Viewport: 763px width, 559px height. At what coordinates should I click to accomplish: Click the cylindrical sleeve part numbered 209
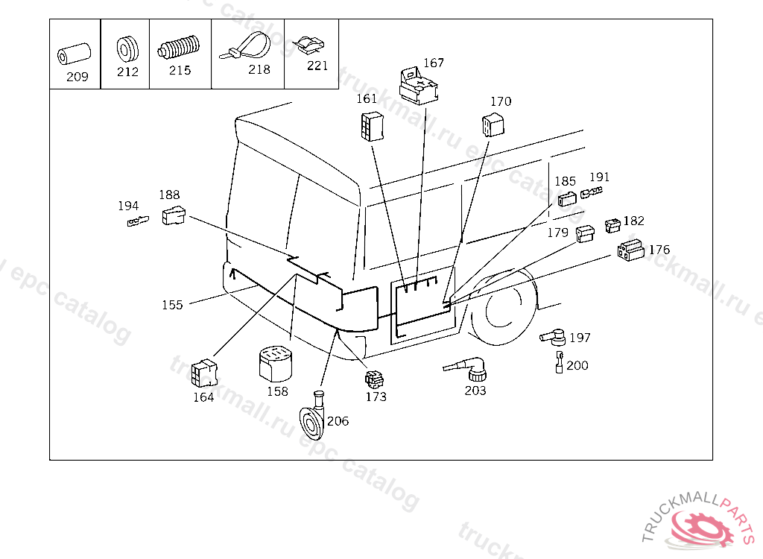click(74, 54)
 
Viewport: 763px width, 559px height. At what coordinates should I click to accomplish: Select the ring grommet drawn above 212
click(127, 49)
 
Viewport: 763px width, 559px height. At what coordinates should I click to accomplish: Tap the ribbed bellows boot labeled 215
click(179, 48)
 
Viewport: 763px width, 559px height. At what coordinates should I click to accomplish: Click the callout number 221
click(317, 66)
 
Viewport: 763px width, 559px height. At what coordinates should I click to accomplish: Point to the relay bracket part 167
click(418, 86)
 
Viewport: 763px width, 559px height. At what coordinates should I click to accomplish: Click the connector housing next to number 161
click(373, 127)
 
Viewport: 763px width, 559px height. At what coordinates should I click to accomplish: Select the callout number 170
click(501, 101)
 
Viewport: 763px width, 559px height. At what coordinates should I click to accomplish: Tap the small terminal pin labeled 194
click(138, 221)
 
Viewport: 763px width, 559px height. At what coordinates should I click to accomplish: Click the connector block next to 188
click(174, 215)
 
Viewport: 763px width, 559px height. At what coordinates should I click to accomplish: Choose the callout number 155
click(172, 305)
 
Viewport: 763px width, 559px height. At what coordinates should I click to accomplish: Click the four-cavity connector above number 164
click(204, 373)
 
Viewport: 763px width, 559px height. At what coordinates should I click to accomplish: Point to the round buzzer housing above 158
click(276, 363)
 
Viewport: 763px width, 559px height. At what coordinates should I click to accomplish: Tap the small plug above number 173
click(374, 380)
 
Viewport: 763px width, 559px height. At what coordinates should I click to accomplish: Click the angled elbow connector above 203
click(467, 369)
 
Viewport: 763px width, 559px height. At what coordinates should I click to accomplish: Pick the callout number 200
click(577, 365)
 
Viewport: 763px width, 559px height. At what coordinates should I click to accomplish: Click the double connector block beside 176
click(630, 250)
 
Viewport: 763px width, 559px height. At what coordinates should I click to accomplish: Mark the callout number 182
click(633, 221)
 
